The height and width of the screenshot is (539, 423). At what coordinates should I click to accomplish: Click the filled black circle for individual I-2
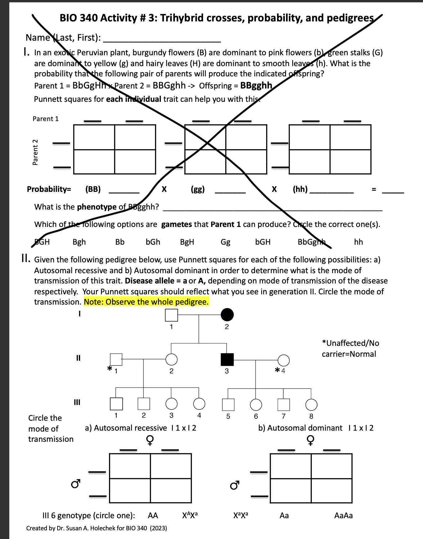click(227, 315)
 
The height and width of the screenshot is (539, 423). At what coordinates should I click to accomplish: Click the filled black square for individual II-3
click(227, 360)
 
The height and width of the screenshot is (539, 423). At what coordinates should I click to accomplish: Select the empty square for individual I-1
click(171, 315)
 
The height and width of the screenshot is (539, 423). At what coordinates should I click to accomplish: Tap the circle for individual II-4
click(283, 360)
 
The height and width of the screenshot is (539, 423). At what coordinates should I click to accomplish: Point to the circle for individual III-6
click(256, 405)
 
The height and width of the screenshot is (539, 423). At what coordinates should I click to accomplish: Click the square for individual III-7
click(283, 405)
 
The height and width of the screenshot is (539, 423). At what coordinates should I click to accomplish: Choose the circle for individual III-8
click(311, 405)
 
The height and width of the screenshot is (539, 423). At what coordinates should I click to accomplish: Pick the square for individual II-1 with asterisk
click(116, 360)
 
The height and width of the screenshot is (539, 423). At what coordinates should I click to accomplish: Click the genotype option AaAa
click(343, 516)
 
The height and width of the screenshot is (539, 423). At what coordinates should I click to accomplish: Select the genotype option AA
click(153, 516)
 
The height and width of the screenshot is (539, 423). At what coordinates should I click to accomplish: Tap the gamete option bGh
click(153, 242)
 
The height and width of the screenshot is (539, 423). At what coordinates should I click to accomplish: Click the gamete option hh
click(358, 242)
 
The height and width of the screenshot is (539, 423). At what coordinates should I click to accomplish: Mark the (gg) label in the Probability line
click(198, 189)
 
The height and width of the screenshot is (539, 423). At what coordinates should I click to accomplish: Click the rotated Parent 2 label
click(35, 152)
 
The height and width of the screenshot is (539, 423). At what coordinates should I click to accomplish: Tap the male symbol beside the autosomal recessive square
click(76, 483)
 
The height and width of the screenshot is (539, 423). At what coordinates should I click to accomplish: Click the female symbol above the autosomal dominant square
click(310, 440)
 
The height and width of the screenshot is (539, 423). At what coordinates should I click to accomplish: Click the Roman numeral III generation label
click(77, 402)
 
